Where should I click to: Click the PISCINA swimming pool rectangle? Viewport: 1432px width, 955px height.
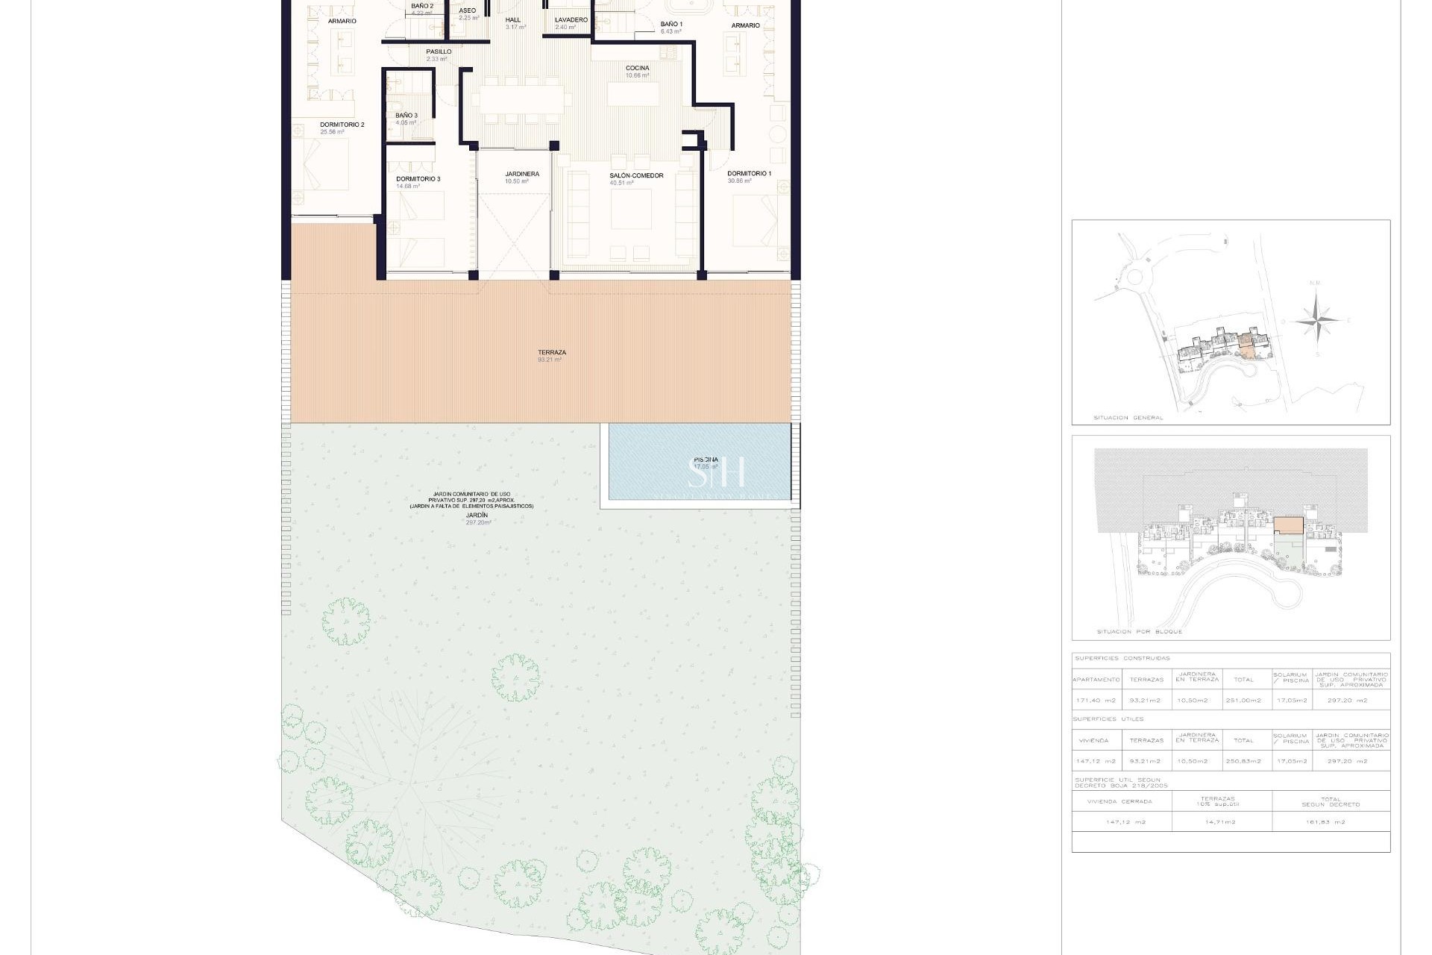click(699, 462)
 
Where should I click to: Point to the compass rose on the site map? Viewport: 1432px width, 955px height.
click(1317, 321)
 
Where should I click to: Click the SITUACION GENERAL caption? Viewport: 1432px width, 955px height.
click(1128, 418)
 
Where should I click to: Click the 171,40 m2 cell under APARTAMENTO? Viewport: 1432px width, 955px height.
click(1096, 701)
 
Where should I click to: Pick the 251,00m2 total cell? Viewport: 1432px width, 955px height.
click(1243, 701)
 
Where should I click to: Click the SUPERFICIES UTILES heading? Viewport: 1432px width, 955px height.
click(1108, 719)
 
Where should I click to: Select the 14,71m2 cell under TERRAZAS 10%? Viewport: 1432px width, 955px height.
click(1221, 822)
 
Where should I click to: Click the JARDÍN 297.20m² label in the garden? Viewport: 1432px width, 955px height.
click(477, 519)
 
